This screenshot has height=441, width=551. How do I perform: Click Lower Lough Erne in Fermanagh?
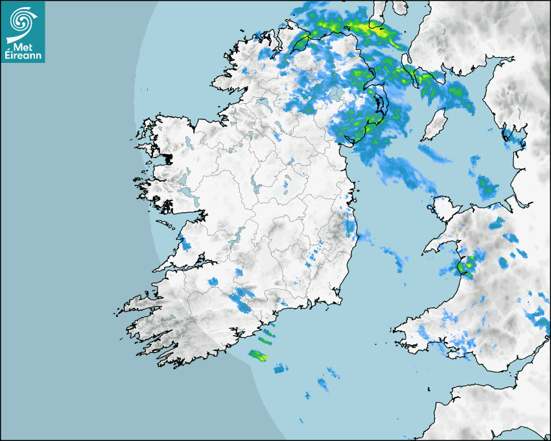[261, 103]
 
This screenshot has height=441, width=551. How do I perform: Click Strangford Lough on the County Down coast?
[379, 104]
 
